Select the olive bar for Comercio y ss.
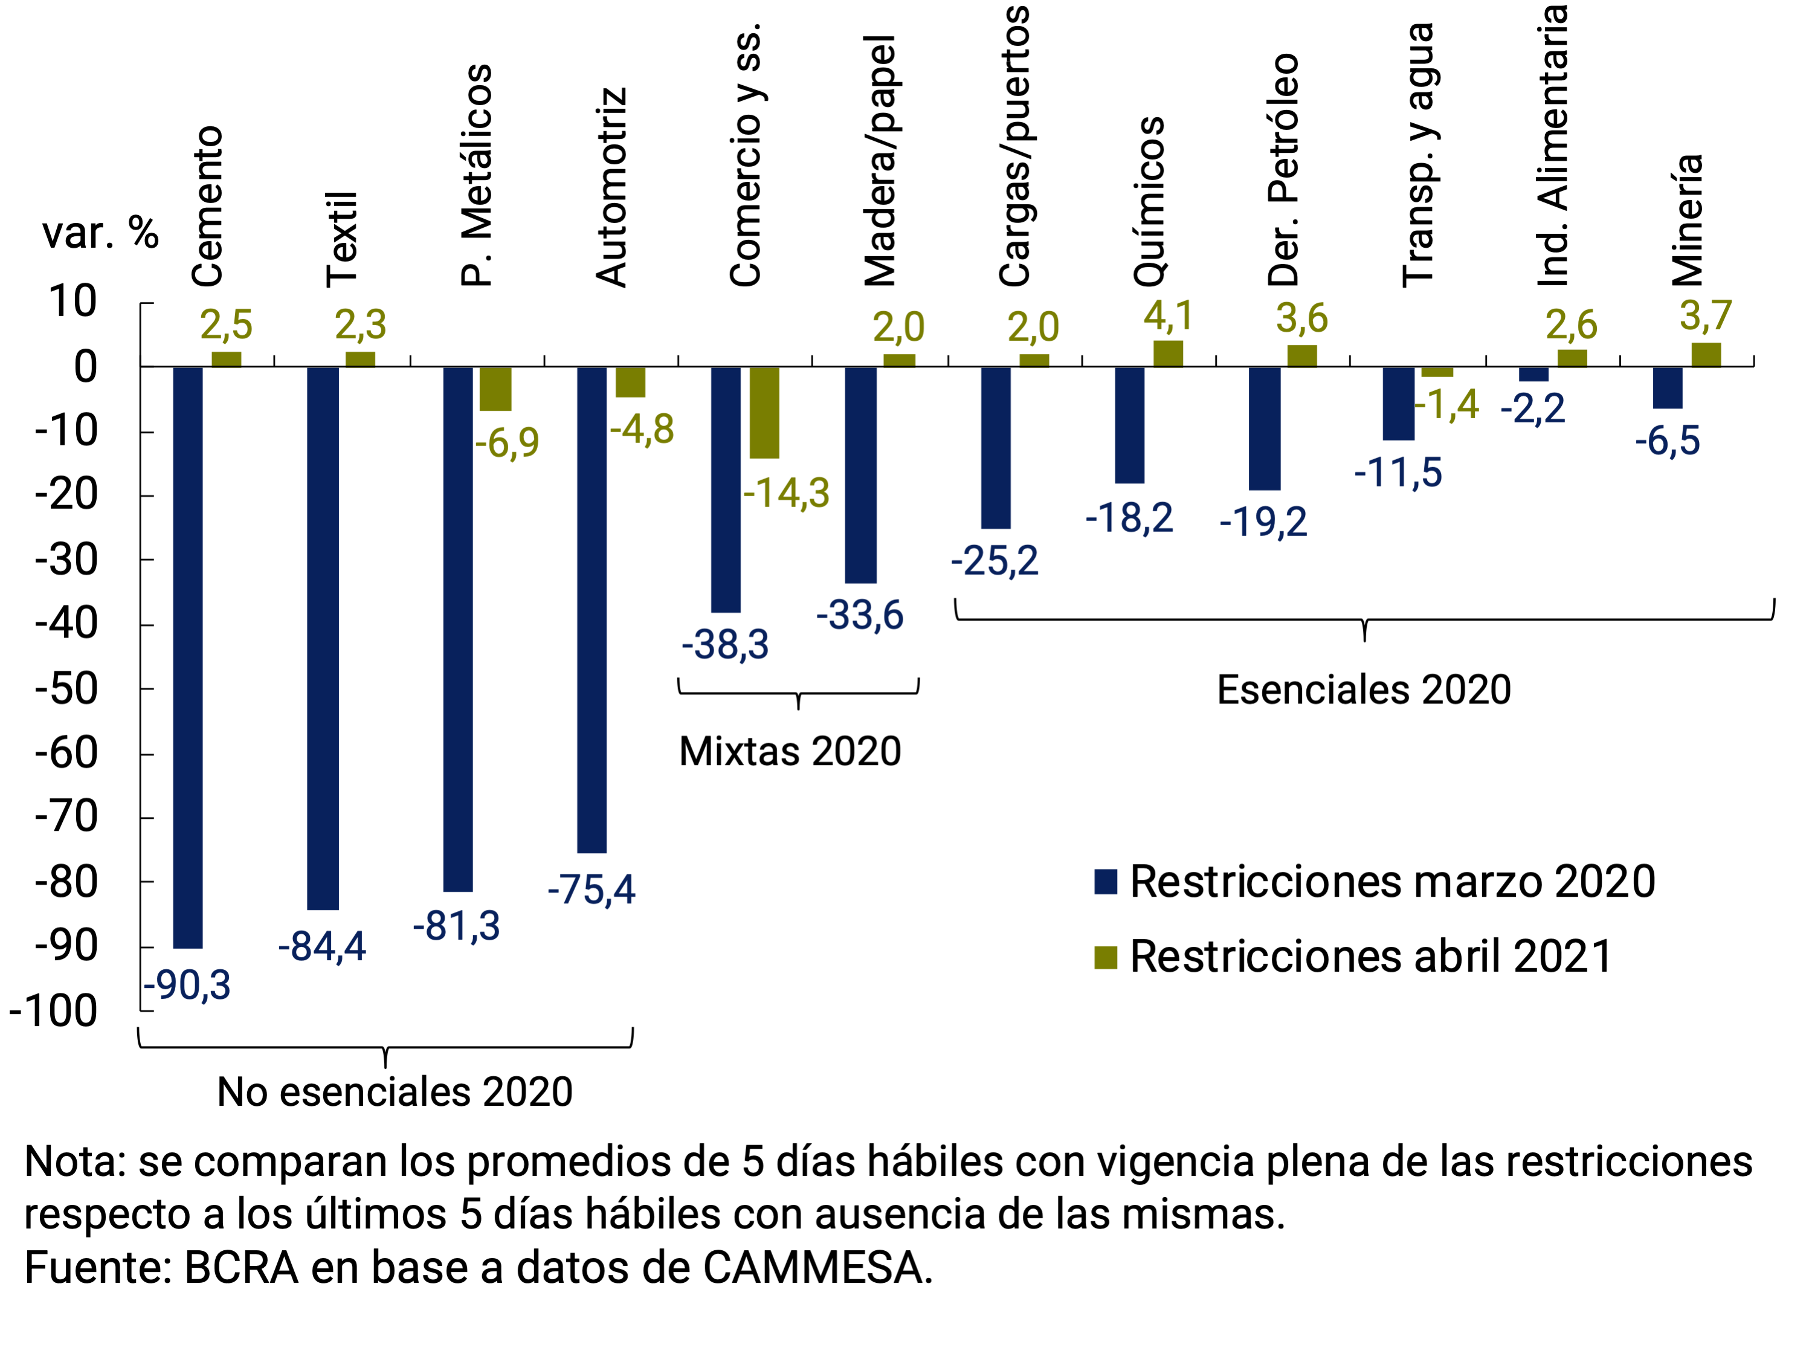[x=764, y=412]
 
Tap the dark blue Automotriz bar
[x=592, y=610]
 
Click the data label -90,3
[x=187, y=984]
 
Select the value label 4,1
[x=1168, y=316]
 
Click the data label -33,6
[x=859, y=615]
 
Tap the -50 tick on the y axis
[x=66, y=689]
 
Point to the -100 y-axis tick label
[x=53, y=1011]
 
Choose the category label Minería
[x=1687, y=219]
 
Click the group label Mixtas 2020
[x=790, y=751]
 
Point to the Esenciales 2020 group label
[x=1363, y=689]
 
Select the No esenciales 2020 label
[x=395, y=1092]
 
